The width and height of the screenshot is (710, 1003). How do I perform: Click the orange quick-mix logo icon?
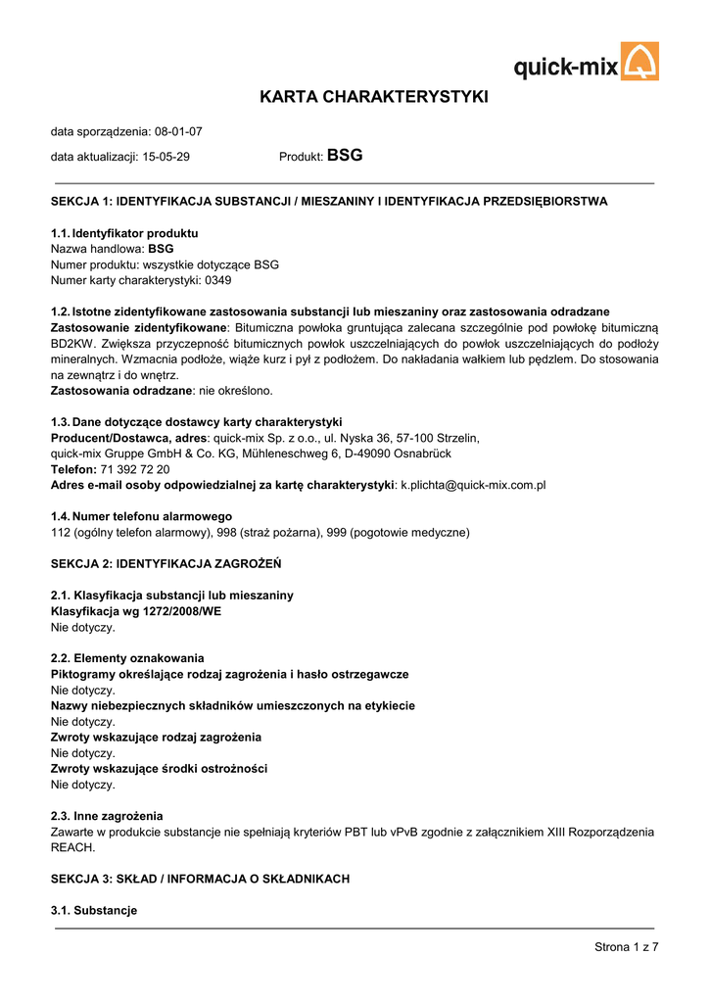click(640, 62)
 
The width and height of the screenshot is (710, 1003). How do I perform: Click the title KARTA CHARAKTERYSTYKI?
click(373, 97)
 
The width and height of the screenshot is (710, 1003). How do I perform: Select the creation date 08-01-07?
click(178, 131)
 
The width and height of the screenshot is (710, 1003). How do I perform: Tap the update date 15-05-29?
click(166, 157)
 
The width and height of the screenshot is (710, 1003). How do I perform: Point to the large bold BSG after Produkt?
click(345, 156)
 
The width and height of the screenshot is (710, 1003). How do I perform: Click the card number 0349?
click(217, 280)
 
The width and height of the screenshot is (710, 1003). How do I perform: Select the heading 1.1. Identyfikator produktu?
click(124, 233)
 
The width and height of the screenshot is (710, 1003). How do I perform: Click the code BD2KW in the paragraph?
click(74, 344)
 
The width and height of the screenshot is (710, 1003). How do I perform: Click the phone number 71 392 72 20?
click(135, 469)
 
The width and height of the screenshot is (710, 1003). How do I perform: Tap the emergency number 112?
click(61, 533)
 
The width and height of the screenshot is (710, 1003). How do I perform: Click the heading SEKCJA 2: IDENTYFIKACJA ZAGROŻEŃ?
click(166, 564)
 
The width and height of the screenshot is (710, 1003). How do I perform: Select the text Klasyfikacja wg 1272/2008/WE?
click(136, 611)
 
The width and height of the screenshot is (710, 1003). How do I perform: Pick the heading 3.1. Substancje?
click(94, 911)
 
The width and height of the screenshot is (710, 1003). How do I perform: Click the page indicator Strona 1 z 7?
click(626, 946)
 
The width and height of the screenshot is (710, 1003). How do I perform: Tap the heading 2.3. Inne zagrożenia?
click(107, 816)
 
